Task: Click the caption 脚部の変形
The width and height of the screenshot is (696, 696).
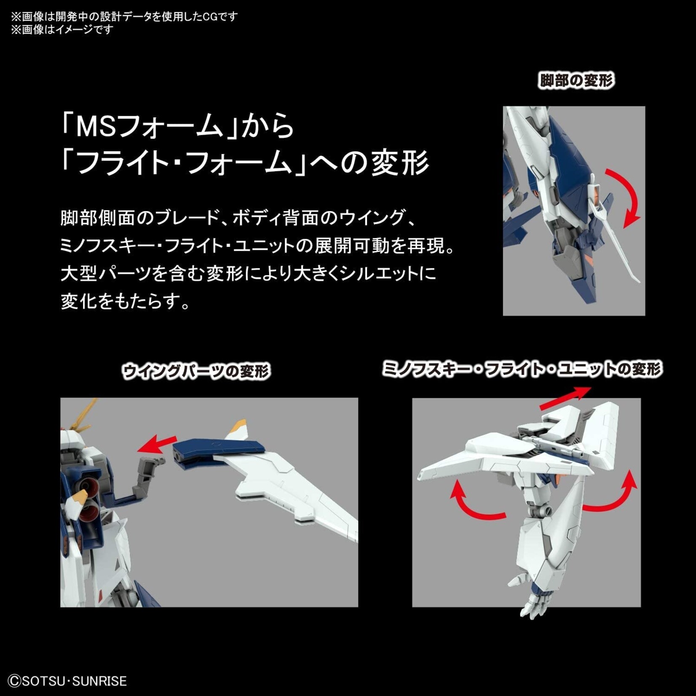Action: click(576, 80)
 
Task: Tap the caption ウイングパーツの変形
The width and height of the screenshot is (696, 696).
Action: click(196, 372)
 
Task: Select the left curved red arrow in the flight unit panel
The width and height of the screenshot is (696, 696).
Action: click(474, 503)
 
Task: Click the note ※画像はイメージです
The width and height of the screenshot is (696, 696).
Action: click(62, 29)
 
